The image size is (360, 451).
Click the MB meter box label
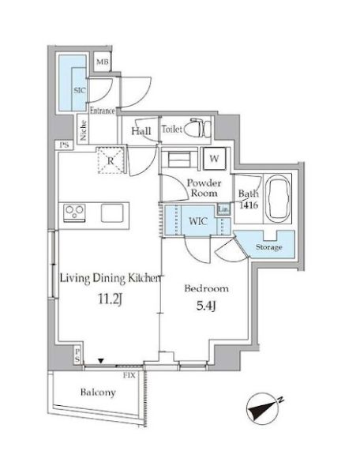click(x=103, y=62)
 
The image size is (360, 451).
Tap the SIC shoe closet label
click(x=80, y=90)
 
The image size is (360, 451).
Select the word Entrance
click(x=103, y=111)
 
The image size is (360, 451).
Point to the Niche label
click(x=84, y=130)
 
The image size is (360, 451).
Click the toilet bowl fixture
click(x=197, y=128)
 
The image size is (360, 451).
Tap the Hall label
click(x=141, y=131)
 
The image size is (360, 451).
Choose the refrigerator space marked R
click(x=111, y=160)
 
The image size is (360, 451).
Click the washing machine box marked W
click(x=215, y=159)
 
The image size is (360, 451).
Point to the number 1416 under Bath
click(x=249, y=205)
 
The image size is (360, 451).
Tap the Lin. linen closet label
click(x=223, y=209)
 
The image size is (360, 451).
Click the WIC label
click(x=198, y=221)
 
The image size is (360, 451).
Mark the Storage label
click(x=269, y=247)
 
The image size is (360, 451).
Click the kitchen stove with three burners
click(x=74, y=212)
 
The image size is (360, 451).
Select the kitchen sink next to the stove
click(x=112, y=212)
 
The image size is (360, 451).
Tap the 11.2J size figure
click(x=111, y=299)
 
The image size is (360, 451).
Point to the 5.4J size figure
click(x=206, y=306)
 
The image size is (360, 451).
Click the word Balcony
click(x=98, y=393)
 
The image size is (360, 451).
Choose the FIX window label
click(x=129, y=375)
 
